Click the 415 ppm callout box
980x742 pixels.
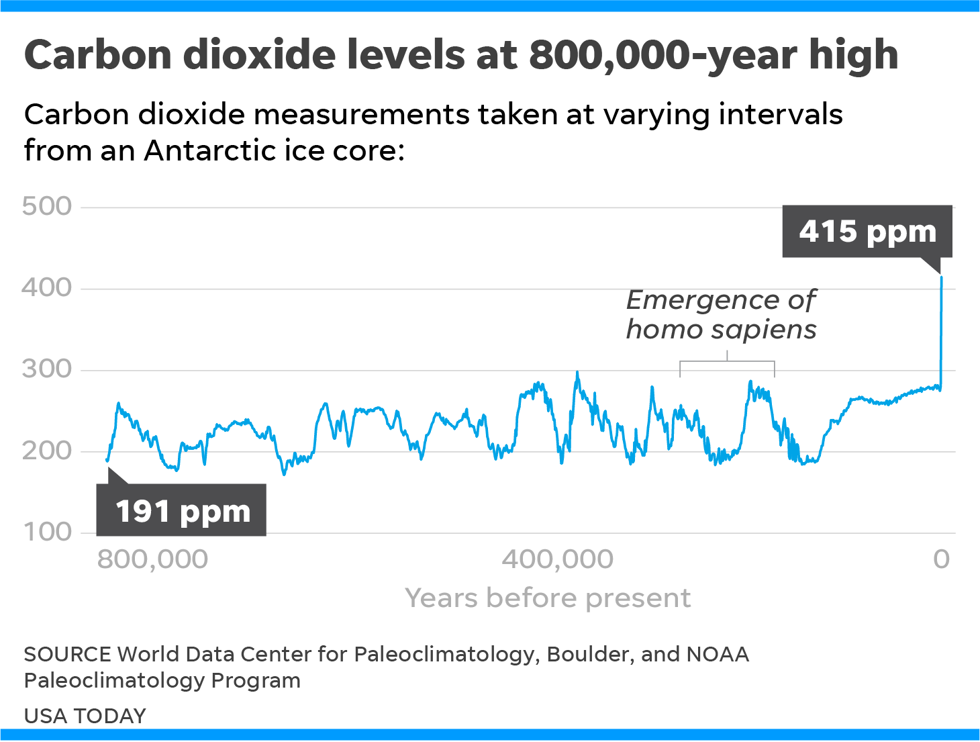867,232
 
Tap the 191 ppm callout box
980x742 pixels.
182,511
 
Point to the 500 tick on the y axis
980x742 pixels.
47,206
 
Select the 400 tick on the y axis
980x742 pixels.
47,288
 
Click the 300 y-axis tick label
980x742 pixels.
47,369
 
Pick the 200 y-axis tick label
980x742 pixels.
47,451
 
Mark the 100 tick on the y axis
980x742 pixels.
47,532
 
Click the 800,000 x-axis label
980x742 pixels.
152,559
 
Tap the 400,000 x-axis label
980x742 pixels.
558,559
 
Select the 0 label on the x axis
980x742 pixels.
942,559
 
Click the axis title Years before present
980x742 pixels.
548,598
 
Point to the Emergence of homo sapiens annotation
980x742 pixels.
722,314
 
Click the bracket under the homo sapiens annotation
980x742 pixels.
727,363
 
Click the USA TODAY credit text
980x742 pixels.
85,716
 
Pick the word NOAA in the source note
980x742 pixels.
718,654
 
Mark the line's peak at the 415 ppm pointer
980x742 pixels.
941,277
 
